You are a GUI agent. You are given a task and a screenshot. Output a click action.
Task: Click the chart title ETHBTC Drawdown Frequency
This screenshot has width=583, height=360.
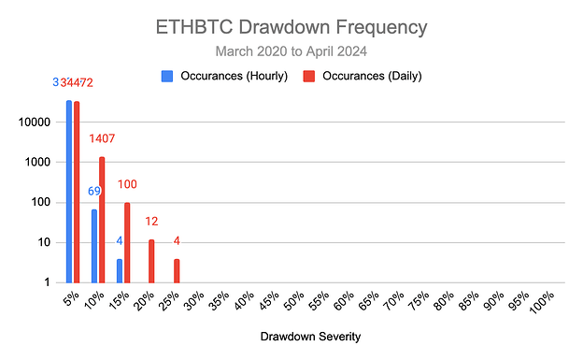291,26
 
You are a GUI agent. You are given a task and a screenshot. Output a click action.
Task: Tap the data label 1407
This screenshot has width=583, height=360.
102,139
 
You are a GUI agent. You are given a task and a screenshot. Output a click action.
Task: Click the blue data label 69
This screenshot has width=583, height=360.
94,192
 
